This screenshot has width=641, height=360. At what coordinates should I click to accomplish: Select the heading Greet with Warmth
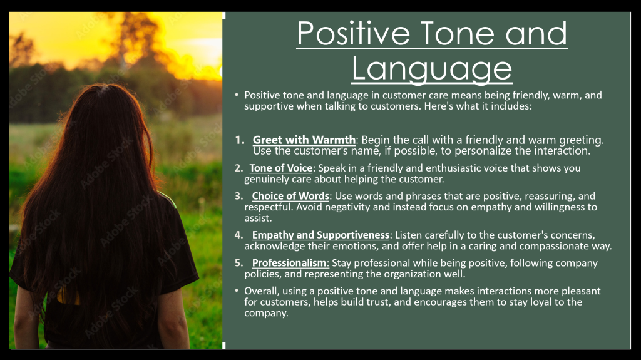click(x=304, y=140)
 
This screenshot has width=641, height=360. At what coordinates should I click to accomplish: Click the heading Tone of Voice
click(x=281, y=168)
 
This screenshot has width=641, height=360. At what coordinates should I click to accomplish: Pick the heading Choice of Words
click(x=290, y=197)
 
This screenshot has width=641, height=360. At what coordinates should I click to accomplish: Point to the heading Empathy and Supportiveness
click(x=320, y=235)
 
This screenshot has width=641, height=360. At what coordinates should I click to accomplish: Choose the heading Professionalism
click(x=290, y=263)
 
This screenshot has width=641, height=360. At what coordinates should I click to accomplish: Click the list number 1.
click(x=239, y=140)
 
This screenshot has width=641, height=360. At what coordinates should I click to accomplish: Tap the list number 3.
click(x=238, y=196)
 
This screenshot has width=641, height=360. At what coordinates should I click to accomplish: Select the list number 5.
click(x=238, y=262)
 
